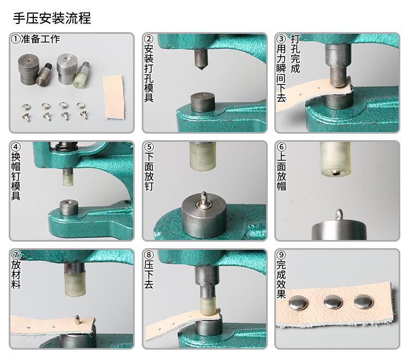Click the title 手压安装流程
point(52,17)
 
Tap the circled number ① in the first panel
point(16,40)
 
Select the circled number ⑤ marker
point(149,148)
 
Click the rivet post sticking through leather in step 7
point(77,319)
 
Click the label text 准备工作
point(40,40)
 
